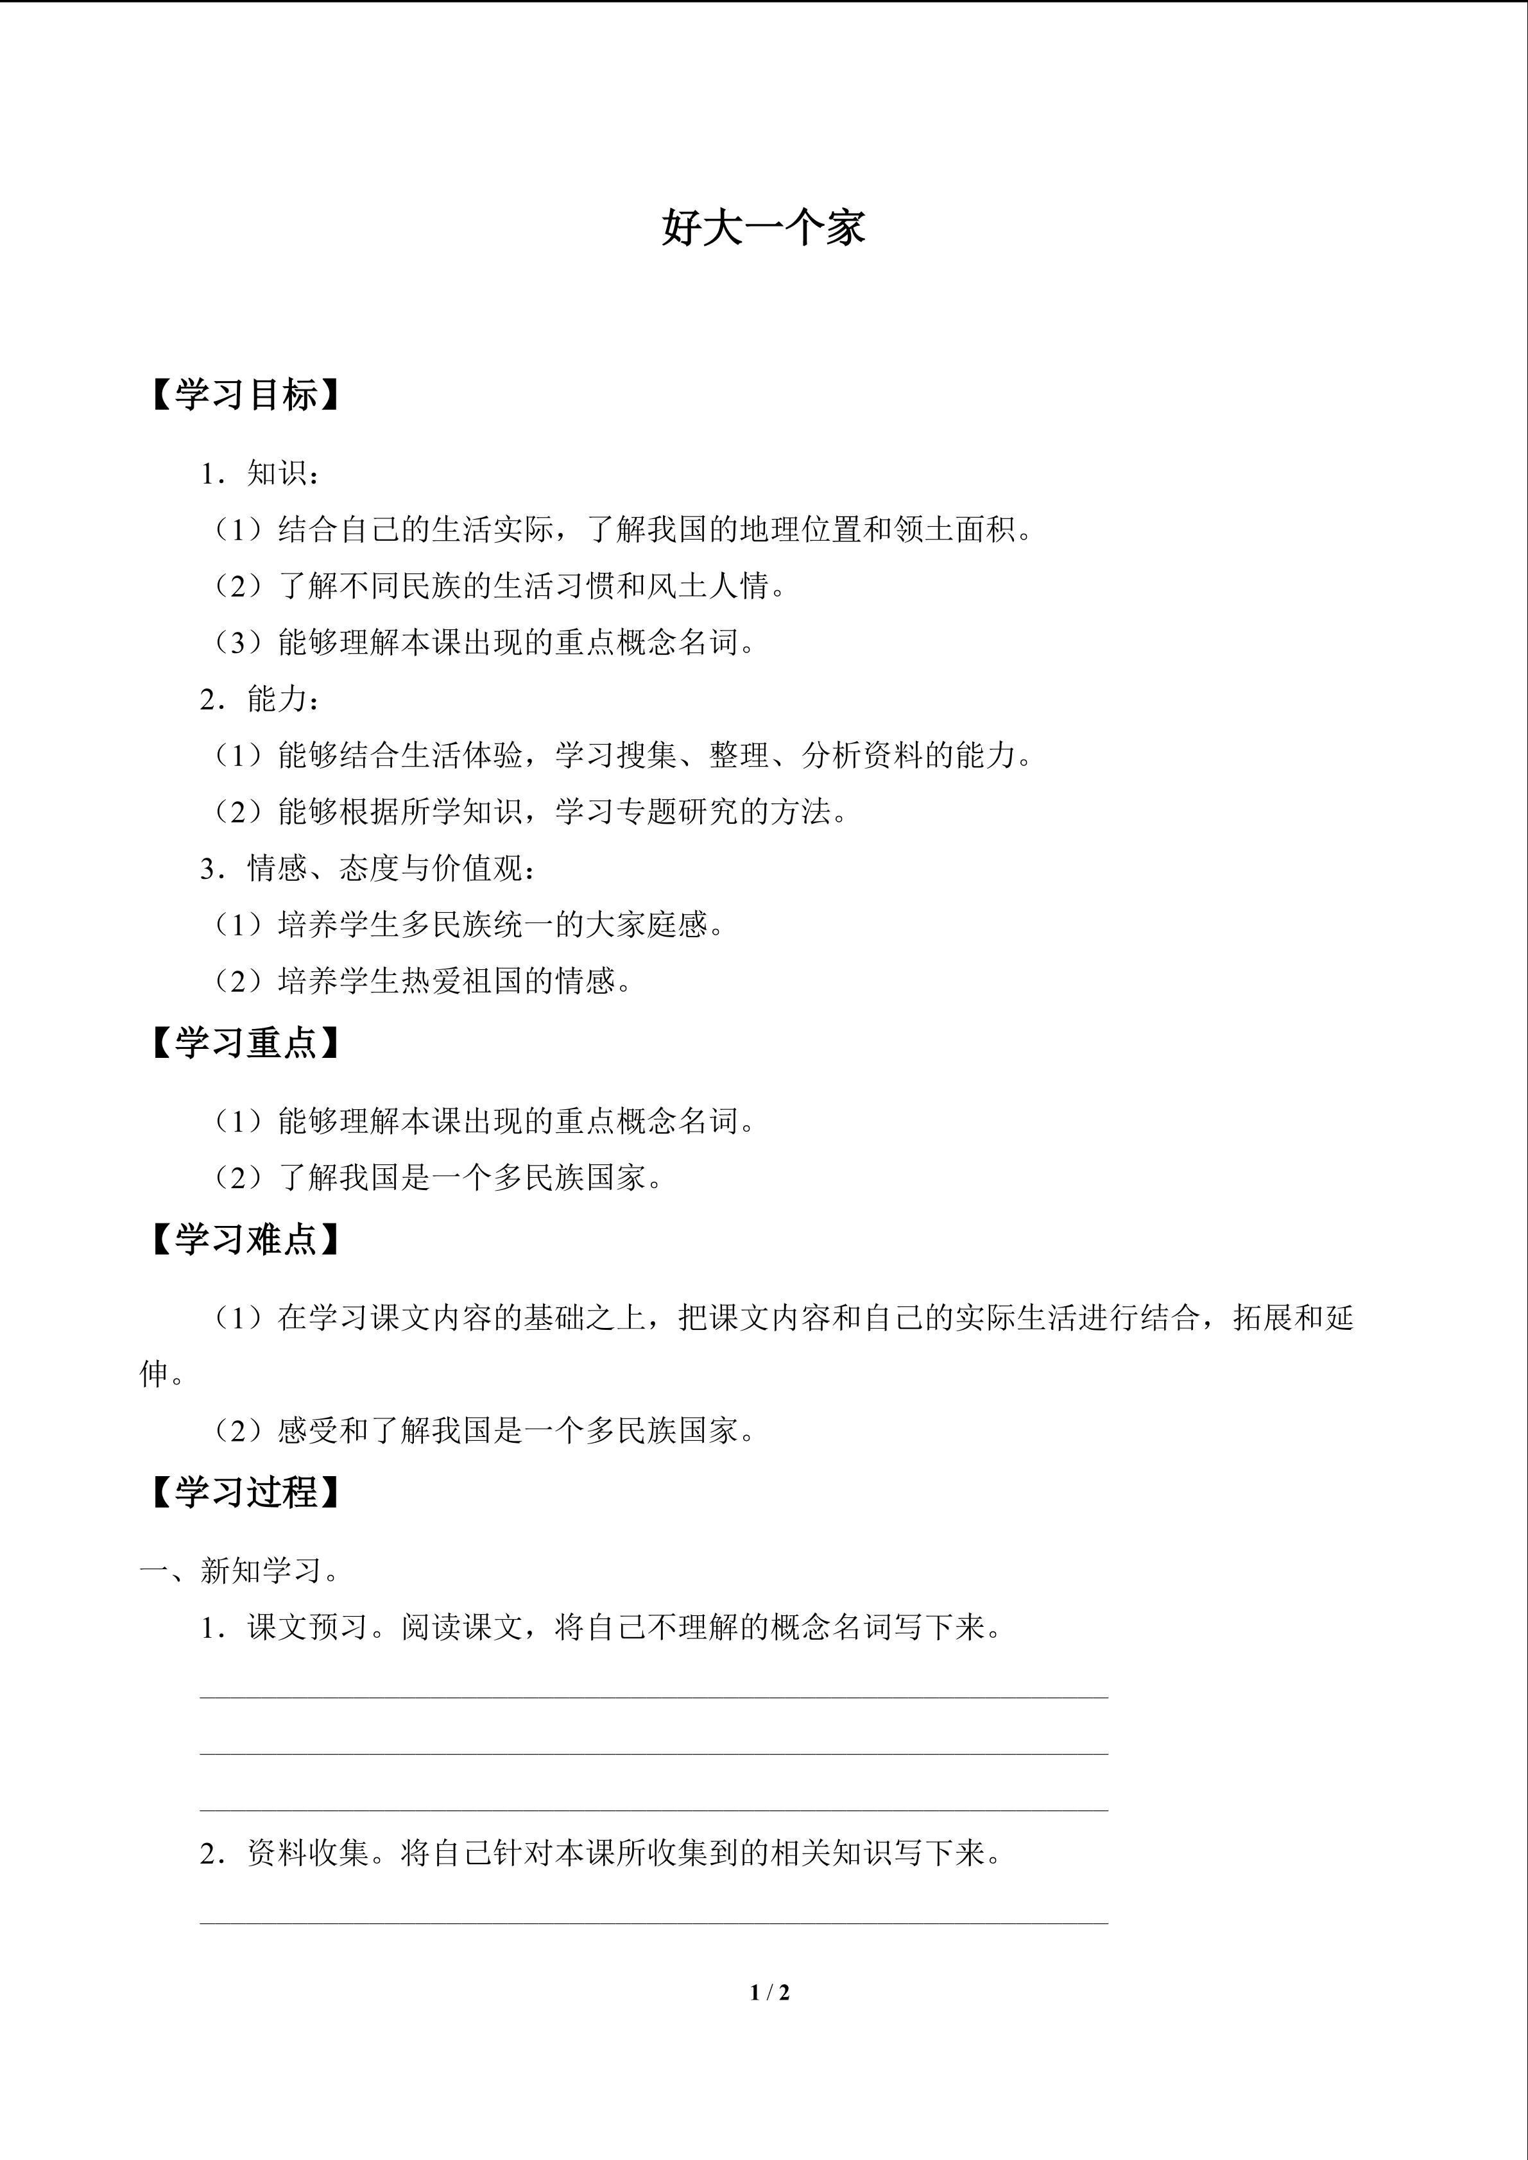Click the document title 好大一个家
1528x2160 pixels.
tap(763, 228)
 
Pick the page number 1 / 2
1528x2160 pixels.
tap(769, 1992)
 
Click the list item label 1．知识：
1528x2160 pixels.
tap(261, 474)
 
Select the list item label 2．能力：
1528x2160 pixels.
tap(261, 699)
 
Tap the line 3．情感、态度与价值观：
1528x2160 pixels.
tap(370, 869)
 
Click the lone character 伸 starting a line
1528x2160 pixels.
tap(154, 1375)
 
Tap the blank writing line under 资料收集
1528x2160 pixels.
tap(654, 1921)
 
